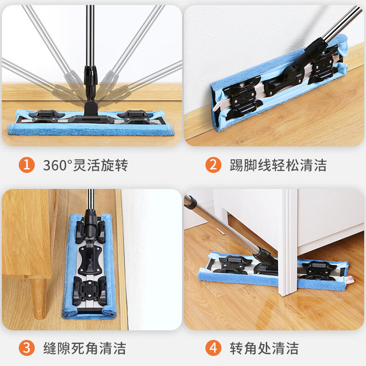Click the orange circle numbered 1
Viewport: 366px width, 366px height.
coord(27,165)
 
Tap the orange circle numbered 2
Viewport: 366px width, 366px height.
coord(213,165)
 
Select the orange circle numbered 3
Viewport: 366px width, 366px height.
coord(27,348)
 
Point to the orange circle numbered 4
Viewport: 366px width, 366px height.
coord(213,348)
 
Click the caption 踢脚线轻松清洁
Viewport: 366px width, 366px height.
coord(278,165)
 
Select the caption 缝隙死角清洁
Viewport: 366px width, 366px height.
coord(85,348)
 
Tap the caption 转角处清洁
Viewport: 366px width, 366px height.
coord(264,348)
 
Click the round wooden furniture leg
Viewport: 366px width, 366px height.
coord(39,299)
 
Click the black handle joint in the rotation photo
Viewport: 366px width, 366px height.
coord(90,91)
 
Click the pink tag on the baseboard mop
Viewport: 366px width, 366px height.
coord(216,106)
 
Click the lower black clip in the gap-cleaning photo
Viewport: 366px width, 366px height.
coord(89,291)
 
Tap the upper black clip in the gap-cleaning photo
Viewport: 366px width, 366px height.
coord(90,231)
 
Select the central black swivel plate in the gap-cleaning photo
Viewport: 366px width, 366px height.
coord(90,260)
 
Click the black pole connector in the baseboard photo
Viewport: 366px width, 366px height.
coord(316,48)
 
